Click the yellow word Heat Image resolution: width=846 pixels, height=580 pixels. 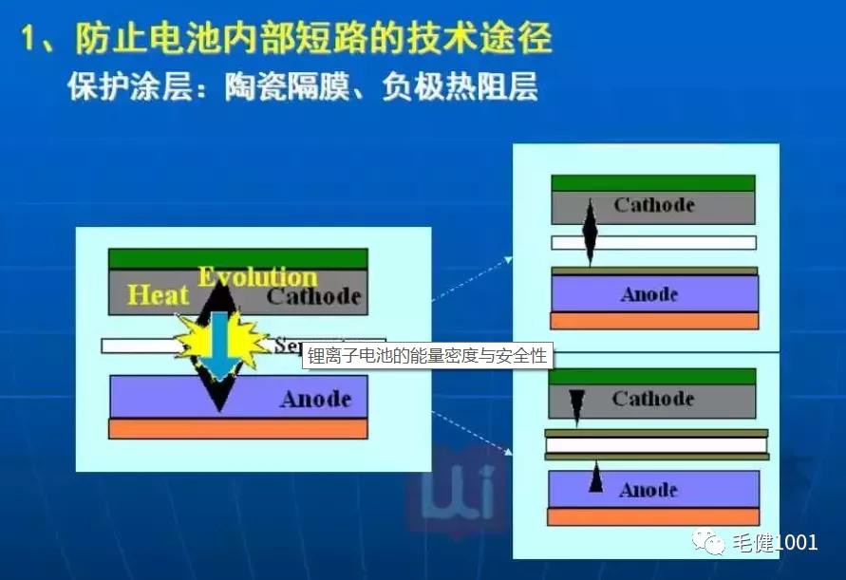(x=159, y=295)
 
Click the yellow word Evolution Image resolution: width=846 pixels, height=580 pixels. (x=257, y=277)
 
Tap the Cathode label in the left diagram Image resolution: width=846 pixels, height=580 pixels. (x=314, y=297)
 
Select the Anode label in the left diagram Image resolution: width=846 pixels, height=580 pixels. (x=315, y=399)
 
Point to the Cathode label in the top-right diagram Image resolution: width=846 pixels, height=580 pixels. (x=654, y=205)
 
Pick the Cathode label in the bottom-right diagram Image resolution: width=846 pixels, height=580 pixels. (x=653, y=399)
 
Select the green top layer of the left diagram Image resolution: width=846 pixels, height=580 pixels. (x=237, y=258)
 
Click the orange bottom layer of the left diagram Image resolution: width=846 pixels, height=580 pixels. (x=237, y=429)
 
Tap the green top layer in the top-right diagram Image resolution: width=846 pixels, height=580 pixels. (x=652, y=183)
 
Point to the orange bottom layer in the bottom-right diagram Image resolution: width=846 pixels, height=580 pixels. (x=652, y=517)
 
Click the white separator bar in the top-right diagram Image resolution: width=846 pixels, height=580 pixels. (x=653, y=243)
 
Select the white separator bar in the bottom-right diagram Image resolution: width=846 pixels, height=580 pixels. (x=655, y=444)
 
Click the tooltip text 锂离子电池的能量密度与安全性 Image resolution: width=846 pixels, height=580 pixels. (x=427, y=356)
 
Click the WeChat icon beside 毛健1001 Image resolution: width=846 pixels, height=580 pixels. (x=710, y=542)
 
